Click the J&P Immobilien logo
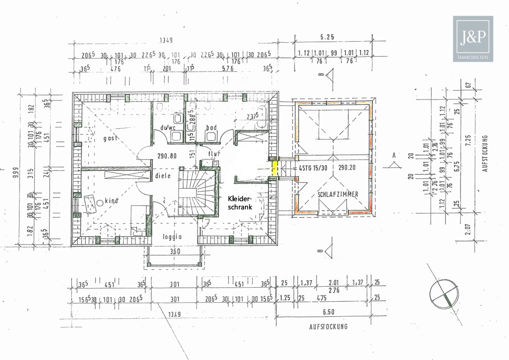click(473, 39)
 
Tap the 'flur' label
click(215, 153)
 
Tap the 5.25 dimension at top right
click(328, 37)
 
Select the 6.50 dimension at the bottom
click(329, 313)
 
